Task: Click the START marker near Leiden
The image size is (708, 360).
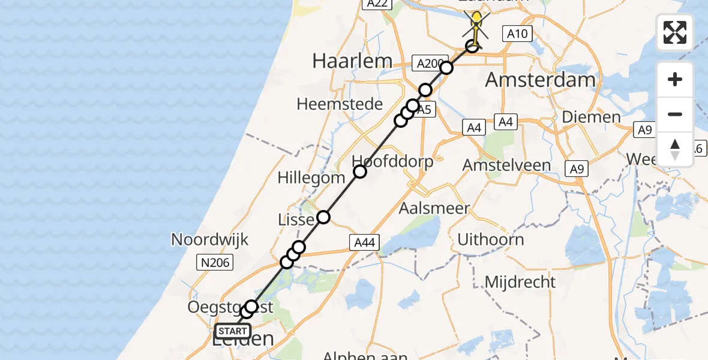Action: tap(233, 331)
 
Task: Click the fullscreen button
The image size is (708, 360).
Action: tap(675, 32)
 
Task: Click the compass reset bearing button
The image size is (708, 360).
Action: tap(675, 149)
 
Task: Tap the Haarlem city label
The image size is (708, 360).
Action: tap(352, 61)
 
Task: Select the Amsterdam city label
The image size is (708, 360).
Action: tap(540, 79)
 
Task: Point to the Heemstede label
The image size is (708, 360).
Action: tap(340, 104)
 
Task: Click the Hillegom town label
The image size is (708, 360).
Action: tap(311, 178)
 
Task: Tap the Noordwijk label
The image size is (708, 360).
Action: tap(209, 239)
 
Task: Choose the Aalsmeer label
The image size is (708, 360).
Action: tap(435, 209)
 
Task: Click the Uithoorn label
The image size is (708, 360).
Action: tap(490, 239)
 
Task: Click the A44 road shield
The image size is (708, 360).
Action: tap(364, 242)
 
